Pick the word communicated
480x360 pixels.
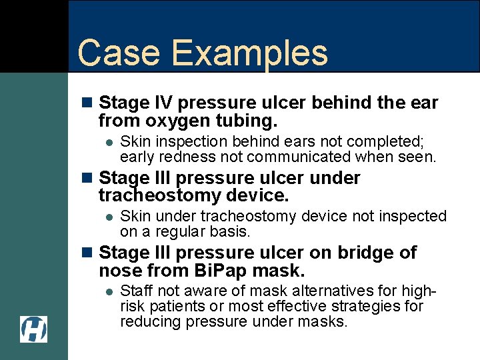(x=301, y=157)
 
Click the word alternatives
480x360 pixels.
(x=346, y=291)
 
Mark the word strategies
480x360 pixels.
(x=373, y=307)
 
